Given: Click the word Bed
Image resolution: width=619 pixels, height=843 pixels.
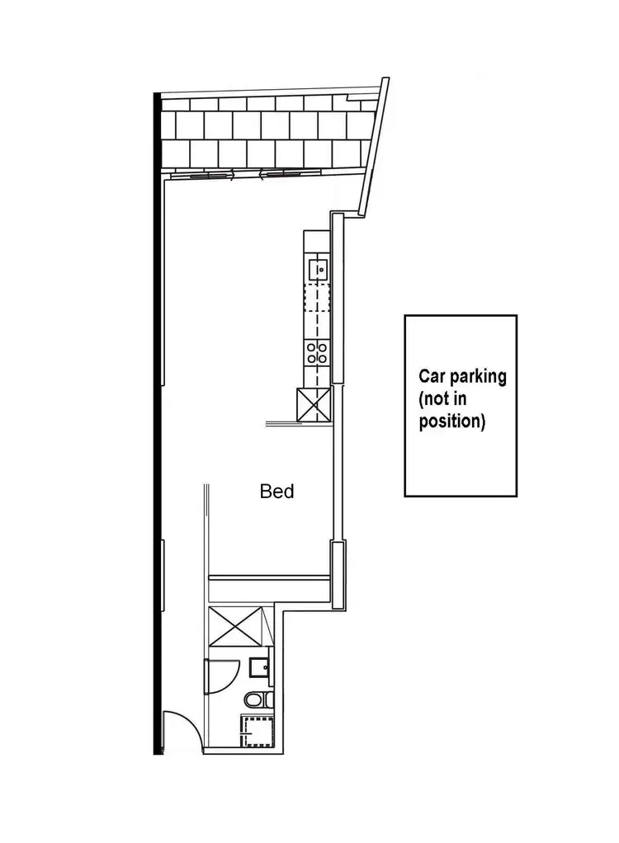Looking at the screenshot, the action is pyautogui.click(x=277, y=492).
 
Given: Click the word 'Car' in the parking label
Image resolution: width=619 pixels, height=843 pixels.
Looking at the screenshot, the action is pyautogui.click(x=433, y=378).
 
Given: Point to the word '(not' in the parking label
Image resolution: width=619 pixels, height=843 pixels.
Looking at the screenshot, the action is pyautogui.click(x=434, y=400).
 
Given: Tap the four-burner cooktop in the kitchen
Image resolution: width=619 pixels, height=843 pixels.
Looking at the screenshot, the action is pyautogui.click(x=317, y=353).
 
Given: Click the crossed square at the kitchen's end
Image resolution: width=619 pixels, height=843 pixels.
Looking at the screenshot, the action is pyautogui.click(x=314, y=404).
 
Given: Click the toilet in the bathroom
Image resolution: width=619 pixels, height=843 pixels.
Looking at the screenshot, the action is pyautogui.click(x=257, y=700).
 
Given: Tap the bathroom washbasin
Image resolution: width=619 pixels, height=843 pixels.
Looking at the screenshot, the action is pyautogui.click(x=259, y=666).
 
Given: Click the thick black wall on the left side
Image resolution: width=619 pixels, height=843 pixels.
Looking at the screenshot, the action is pyautogui.click(x=156, y=412).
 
